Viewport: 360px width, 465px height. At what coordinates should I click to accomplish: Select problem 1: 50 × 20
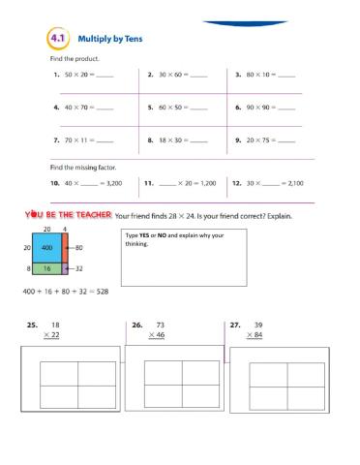83,75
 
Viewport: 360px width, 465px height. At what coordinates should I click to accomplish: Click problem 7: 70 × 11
83,140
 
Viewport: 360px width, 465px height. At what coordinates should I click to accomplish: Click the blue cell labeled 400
45,248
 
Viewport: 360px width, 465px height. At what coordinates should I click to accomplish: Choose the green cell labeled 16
45,268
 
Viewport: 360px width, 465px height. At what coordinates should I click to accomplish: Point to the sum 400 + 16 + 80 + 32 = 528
64,291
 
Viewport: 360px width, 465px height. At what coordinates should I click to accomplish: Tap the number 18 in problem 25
55,325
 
